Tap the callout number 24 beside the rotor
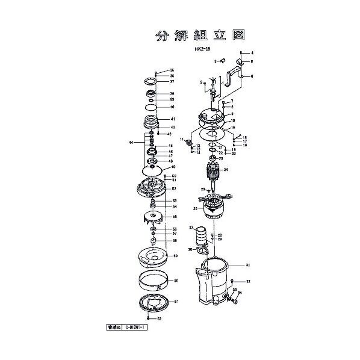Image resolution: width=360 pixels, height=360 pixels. tap(226, 170)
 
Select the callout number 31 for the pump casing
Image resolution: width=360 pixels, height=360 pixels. tap(247, 265)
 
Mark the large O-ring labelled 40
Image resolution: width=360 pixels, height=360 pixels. tap(152, 107)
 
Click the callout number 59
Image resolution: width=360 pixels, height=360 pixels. tap(176, 256)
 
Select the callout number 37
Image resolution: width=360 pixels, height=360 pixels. tap(172, 81)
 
